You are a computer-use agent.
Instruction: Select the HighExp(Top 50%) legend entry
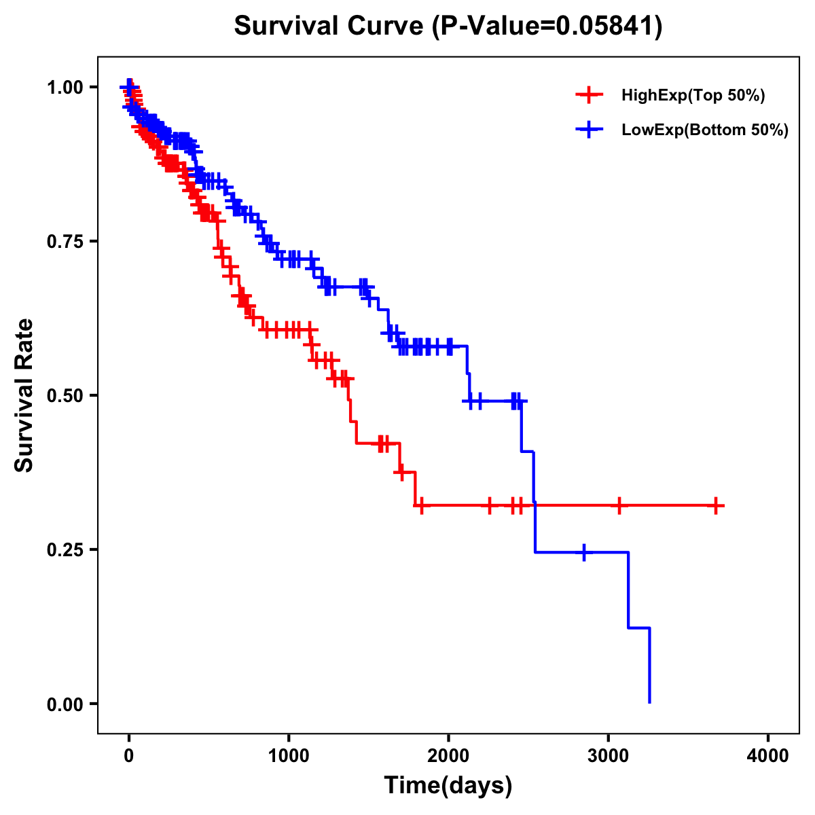pos(693,95)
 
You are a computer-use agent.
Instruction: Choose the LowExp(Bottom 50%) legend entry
pos(704,130)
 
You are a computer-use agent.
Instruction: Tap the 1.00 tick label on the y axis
pos(65,87)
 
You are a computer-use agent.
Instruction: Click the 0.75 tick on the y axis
pos(65,241)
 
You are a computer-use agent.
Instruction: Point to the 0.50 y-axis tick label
pos(65,395)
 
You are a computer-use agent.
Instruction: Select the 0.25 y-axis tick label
pos(65,549)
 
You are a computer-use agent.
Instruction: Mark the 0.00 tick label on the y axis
pos(65,704)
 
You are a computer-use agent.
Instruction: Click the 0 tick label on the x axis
pos(129,756)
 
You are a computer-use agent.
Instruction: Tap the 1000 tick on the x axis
pos(289,756)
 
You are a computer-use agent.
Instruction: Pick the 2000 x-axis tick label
pos(448,756)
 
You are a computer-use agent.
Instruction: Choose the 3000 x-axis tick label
pos(609,756)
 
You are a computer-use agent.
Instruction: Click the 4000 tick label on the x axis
pos(768,756)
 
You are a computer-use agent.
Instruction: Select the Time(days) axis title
pos(448,786)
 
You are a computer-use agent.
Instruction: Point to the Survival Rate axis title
pos(25,395)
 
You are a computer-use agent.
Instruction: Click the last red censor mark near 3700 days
pos(716,505)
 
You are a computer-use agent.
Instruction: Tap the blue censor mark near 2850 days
pos(583,552)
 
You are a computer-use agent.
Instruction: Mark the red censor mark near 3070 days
pos(618,505)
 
